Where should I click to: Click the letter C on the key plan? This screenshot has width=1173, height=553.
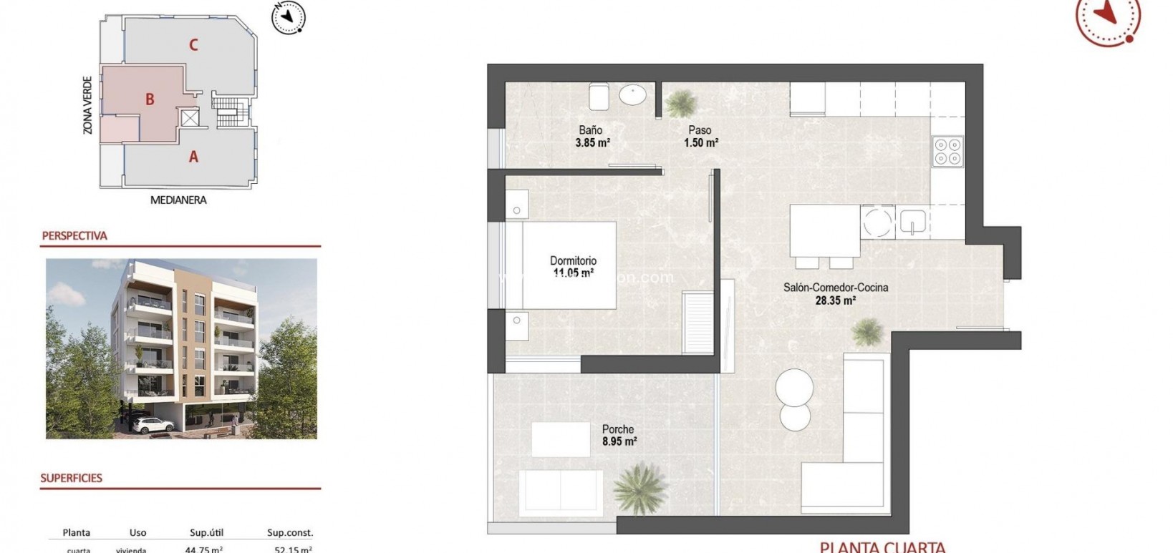coord(193,45)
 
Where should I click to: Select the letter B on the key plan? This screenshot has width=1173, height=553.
coord(150,99)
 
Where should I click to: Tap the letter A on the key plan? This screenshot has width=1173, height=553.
coord(193,157)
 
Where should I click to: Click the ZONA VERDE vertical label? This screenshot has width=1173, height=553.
coord(88,105)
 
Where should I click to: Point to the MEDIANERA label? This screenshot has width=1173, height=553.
coord(178,200)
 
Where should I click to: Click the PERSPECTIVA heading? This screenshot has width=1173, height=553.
coord(74,236)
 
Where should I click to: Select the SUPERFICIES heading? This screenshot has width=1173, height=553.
coord(72,478)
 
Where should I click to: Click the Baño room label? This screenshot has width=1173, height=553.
coord(591,130)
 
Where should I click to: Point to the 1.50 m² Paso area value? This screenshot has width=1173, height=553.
coord(700,142)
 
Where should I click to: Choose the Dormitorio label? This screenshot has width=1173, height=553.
coord(573,260)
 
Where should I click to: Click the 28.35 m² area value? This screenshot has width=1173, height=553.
coord(835,300)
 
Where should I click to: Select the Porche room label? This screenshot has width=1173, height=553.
coord(618,429)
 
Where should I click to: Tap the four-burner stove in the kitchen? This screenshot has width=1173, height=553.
coord(947,152)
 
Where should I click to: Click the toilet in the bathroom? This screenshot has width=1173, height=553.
coord(599,97)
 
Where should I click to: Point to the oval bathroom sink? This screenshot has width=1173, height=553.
coord(632,95)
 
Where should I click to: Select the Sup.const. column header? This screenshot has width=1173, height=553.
coord(290,533)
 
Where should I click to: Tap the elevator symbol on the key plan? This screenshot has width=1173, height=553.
coord(189,118)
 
